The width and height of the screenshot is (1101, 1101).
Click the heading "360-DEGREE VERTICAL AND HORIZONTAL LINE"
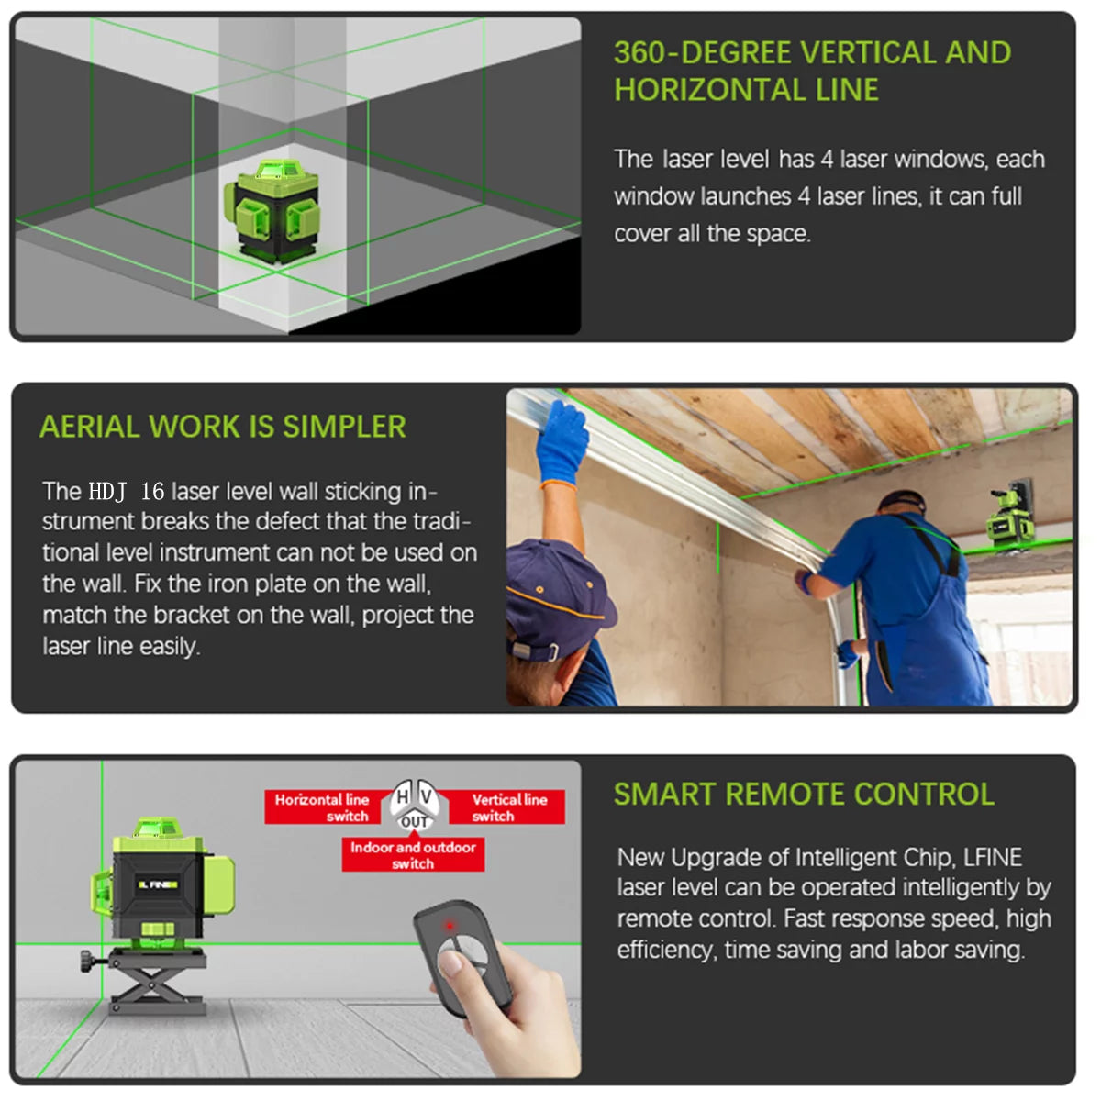click(812, 71)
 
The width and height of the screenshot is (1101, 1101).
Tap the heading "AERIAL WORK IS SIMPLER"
click(223, 427)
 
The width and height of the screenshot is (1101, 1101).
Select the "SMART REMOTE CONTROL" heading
click(804, 794)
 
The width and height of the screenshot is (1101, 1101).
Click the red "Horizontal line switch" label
click(323, 806)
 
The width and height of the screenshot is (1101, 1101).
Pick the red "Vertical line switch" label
click(508, 806)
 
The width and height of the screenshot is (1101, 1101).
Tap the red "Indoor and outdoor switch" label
click(413, 855)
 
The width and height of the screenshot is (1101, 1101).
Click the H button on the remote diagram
click(402, 797)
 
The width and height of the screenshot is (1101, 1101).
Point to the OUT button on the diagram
click(414, 821)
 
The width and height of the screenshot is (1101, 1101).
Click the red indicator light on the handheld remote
click(449, 925)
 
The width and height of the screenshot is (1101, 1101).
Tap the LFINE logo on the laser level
click(158, 884)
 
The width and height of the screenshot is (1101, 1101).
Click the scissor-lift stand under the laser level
click(152, 982)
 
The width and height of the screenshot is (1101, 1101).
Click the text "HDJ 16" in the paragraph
click(127, 492)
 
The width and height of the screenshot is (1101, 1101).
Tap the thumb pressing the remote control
click(454, 962)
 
